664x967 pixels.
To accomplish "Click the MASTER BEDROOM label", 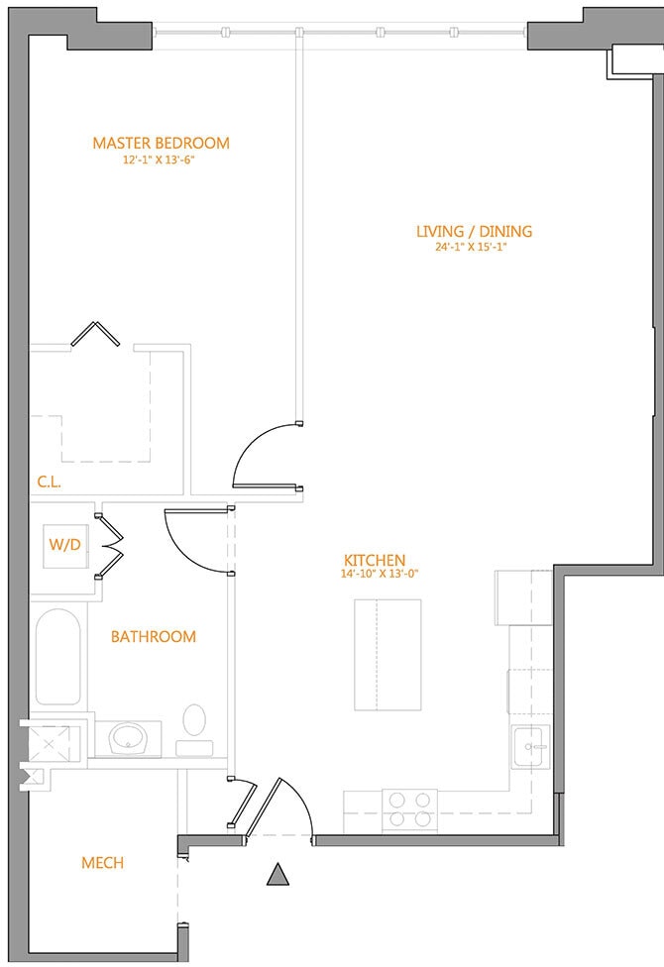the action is click(162, 143).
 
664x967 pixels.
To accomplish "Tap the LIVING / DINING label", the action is click(474, 231).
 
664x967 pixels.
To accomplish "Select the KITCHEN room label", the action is click(375, 560).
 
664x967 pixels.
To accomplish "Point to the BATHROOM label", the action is click(153, 636).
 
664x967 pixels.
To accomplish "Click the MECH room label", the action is click(102, 862).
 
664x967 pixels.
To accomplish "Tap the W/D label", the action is click(64, 545).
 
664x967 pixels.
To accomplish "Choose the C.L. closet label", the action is click(49, 482).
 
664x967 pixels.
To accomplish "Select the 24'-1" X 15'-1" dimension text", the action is click(474, 248).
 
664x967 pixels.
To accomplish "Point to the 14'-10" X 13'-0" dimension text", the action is click(380, 575).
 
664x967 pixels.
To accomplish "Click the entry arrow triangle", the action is click(278, 874).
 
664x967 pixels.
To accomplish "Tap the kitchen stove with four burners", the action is click(409, 809).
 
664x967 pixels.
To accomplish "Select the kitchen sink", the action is click(530, 746).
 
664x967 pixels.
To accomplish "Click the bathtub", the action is click(58, 658).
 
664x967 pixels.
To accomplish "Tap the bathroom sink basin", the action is click(128, 738).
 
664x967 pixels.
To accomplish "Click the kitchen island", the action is click(387, 655).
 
